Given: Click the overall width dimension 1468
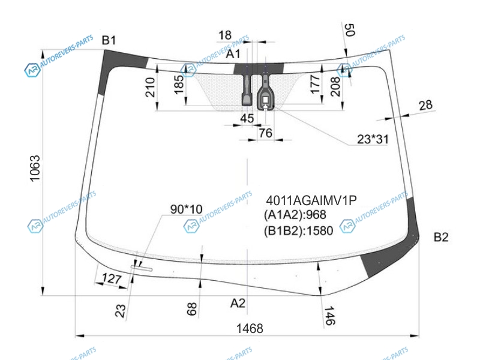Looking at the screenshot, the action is click(x=250, y=328).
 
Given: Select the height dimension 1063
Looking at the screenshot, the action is click(x=35, y=169).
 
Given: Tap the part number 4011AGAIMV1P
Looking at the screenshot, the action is click(x=311, y=200).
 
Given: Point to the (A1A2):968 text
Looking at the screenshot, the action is click(x=295, y=215).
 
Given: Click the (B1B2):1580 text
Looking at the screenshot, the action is click(x=298, y=230).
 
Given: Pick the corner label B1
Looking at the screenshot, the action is click(x=109, y=40).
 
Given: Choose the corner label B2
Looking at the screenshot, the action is click(x=441, y=237).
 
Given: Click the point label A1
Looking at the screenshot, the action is click(x=233, y=54).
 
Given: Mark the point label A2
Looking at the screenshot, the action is click(x=238, y=304).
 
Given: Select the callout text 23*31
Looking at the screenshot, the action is click(x=373, y=139).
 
